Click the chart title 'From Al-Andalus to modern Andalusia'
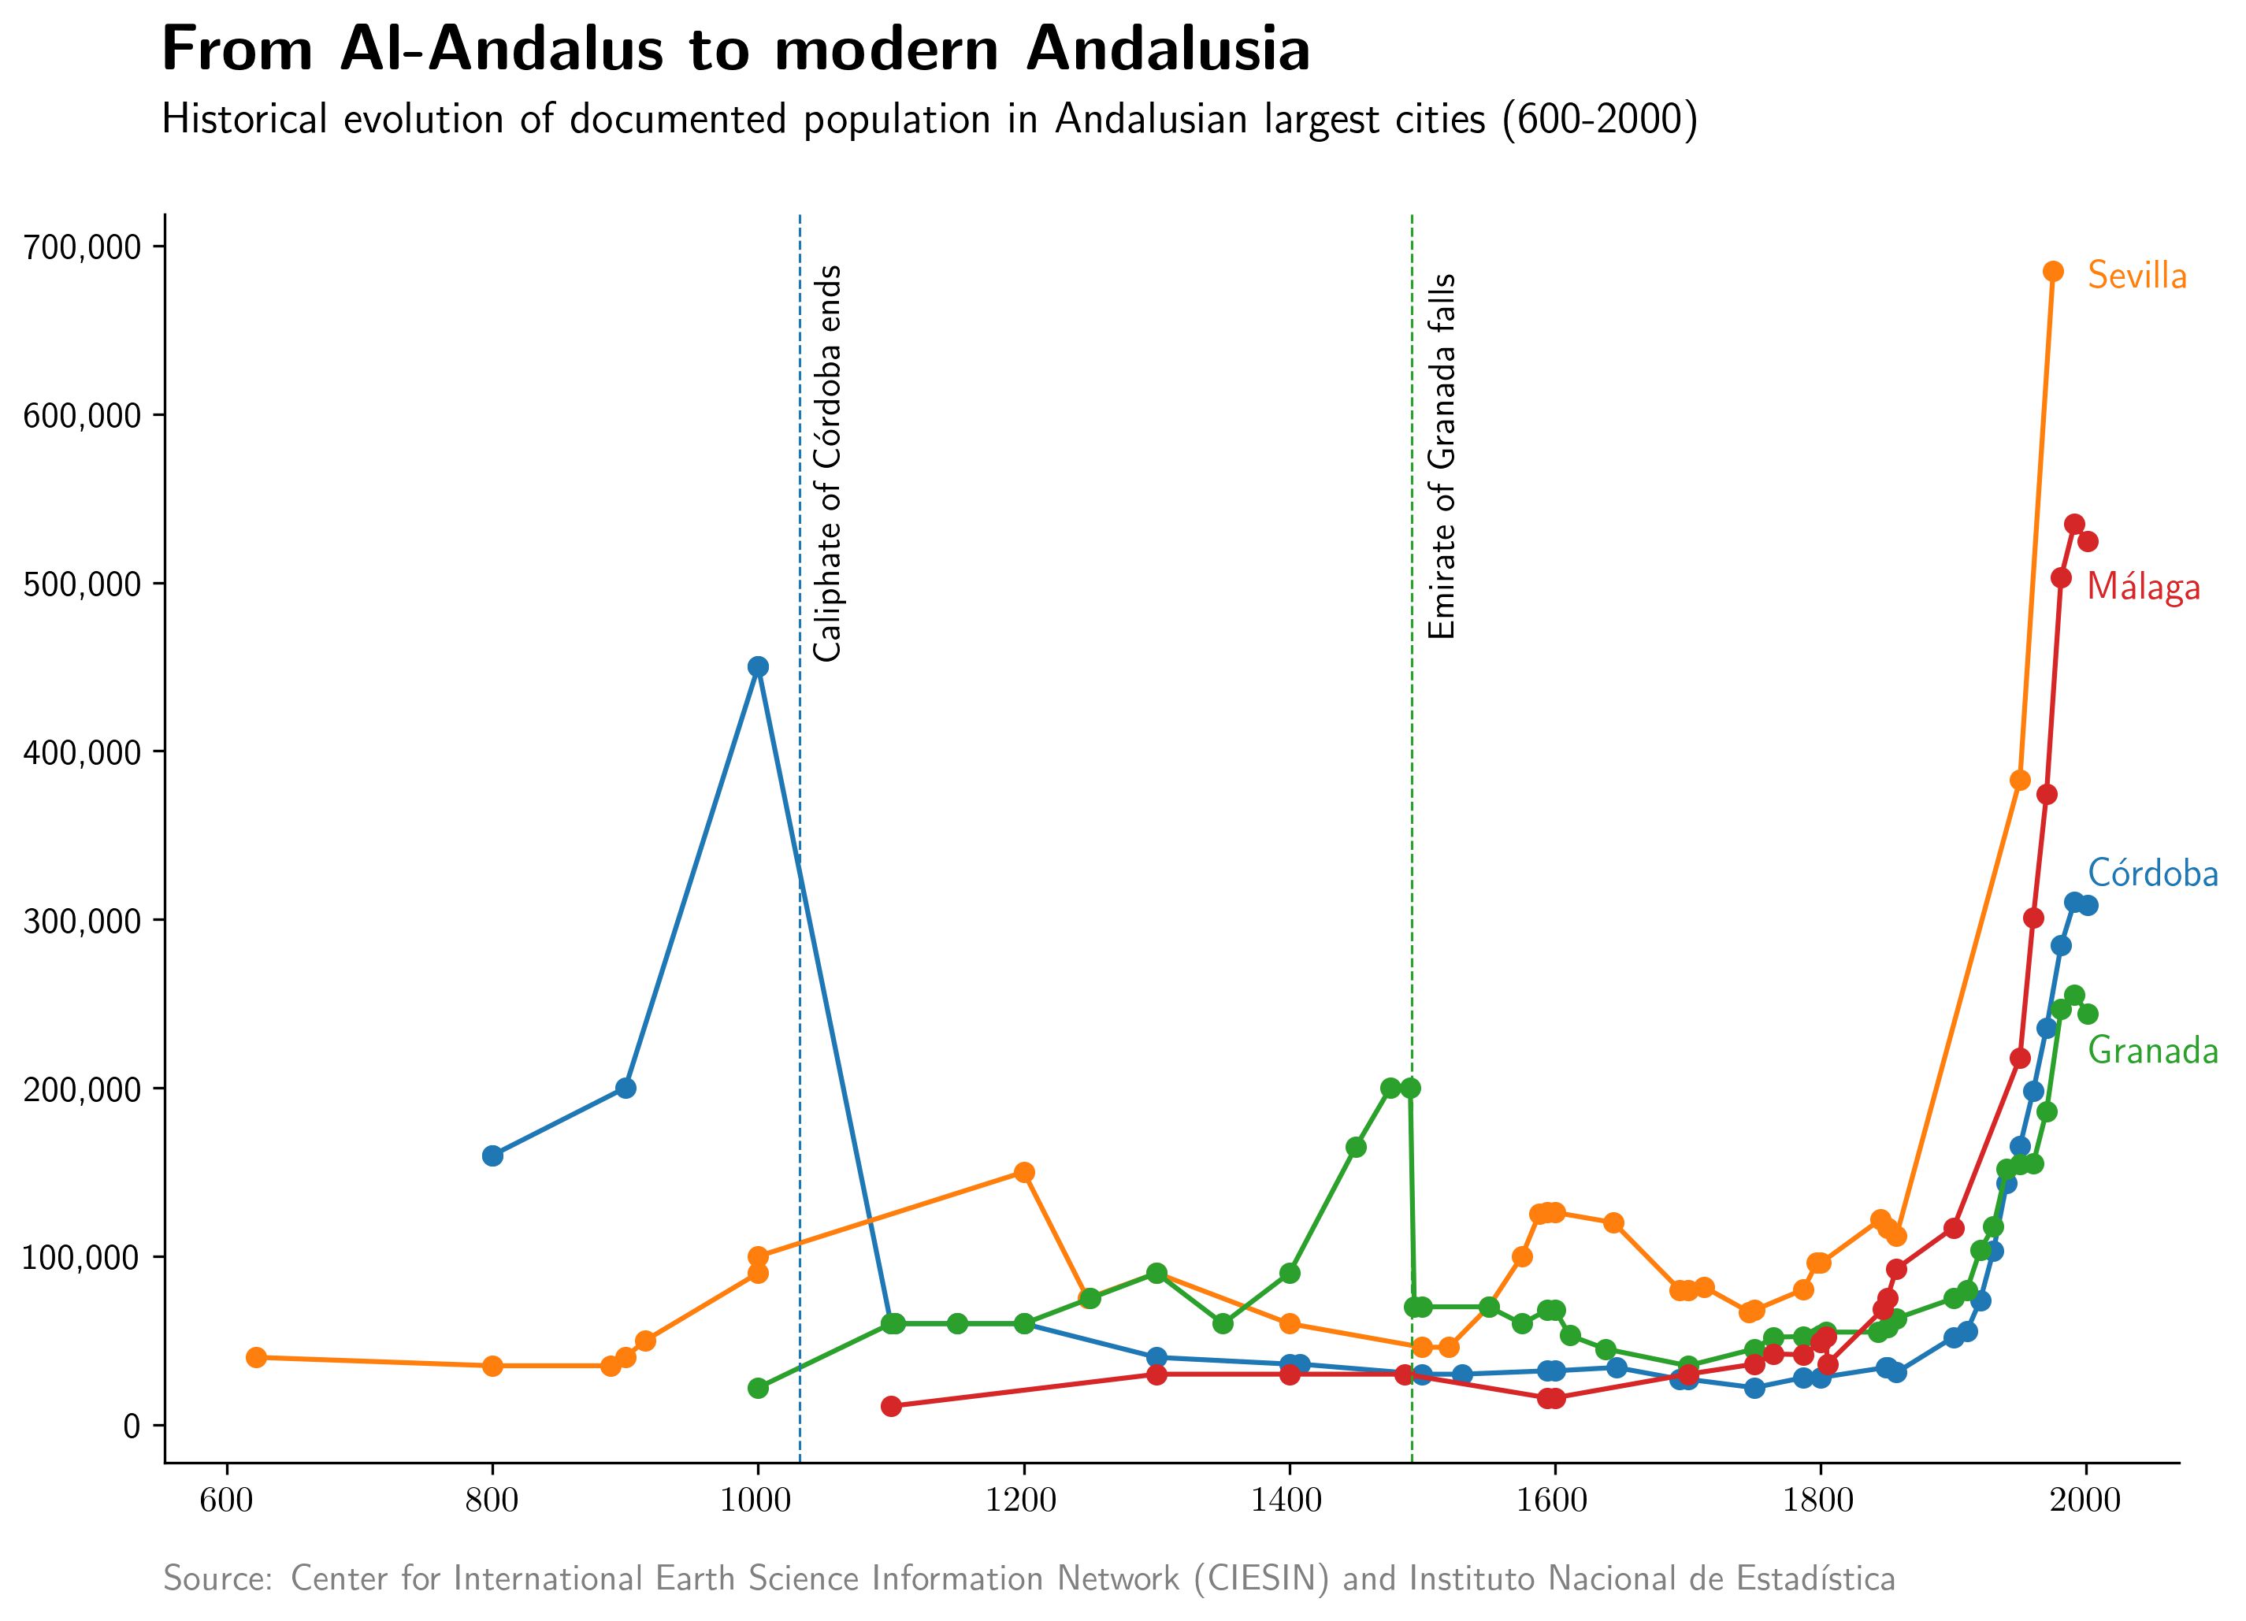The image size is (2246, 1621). tap(735, 50)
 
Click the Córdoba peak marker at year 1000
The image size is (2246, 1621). tap(758, 666)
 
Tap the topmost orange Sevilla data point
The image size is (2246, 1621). tap(2053, 271)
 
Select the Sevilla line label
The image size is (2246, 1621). tap(2137, 276)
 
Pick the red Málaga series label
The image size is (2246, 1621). tap(2143, 588)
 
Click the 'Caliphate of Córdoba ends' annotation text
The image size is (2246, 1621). tap(828, 462)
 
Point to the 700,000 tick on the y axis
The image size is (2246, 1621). tap(80, 247)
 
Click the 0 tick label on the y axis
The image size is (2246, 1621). tap(131, 1426)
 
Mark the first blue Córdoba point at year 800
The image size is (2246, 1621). tap(492, 1155)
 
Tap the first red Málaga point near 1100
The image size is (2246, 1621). tap(891, 1406)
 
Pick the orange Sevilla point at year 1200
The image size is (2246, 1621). tap(1024, 1172)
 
